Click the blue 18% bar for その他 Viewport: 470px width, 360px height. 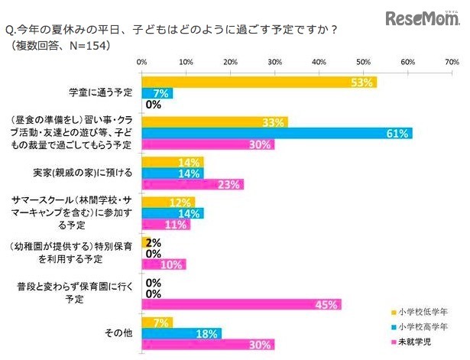click(181, 333)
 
